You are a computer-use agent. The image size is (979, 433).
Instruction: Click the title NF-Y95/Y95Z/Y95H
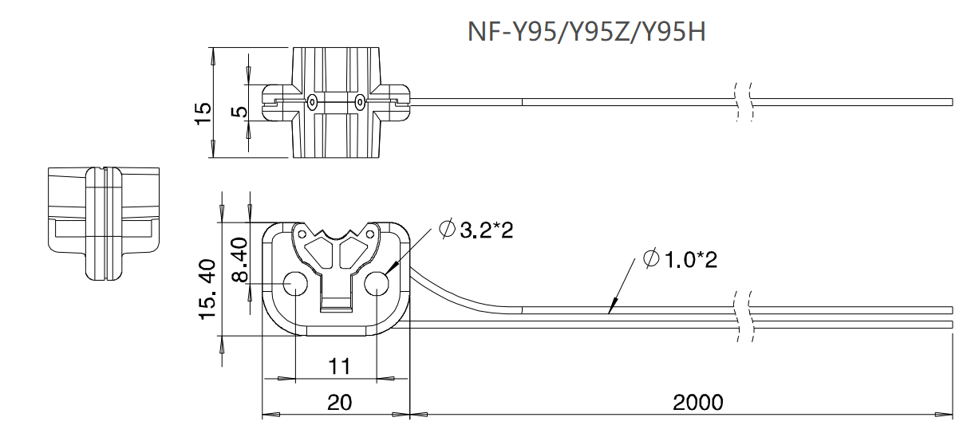click(586, 33)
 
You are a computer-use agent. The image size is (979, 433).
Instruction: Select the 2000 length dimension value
click(698, 401)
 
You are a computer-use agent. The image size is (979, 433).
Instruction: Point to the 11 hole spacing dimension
click(340, 367)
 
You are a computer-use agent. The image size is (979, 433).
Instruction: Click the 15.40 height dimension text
click(206, 289)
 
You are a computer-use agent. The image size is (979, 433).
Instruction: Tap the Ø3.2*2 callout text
click(476, 230)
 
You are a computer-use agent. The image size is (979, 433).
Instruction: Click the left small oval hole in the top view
click(312, 102)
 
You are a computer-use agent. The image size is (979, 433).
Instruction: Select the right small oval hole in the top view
click(360, 102)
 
